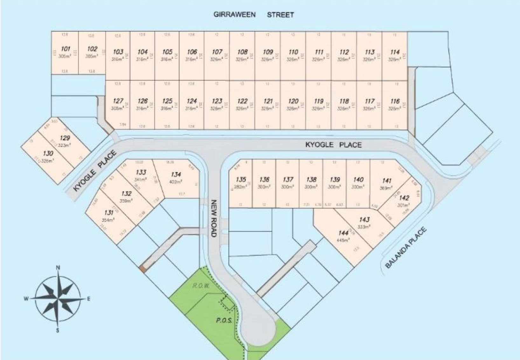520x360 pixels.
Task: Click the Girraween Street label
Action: pyautogui.click(x=253, y=15)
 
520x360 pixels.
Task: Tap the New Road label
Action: pyautogui.click(x=214, y=218)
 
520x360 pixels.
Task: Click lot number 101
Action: pyautogui.click(x=66, y=49)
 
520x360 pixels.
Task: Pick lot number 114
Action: pyautogui.click(x=395, y=52)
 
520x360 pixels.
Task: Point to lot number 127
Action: pyautogui.click(x=118, y=101)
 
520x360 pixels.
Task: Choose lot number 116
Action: pyautogui.click(x=395, y=101)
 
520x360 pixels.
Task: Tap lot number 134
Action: pyautogui.click(x=176, y=174)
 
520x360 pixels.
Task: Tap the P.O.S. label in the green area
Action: pyautogui.click(x=224, y=321)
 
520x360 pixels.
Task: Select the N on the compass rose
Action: pyautogui.click(x=58, y=268)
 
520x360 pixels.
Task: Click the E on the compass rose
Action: pyautogui.click(x=89, y=299)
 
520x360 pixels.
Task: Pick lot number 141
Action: pyautogui.click(x=387, y=180)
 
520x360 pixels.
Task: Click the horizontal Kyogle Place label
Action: pyautogui.click(x=333, y=145)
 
